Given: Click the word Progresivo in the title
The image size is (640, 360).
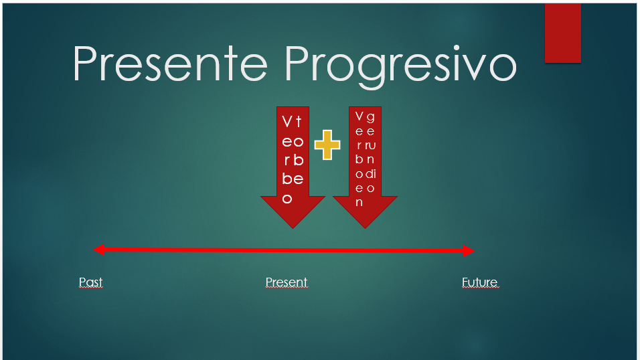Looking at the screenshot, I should pos(400,66).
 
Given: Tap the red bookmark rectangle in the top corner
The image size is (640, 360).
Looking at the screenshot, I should pos(562,33).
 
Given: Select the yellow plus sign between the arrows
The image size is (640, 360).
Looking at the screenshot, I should pos(327,145).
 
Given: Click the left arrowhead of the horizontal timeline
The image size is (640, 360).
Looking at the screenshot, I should pos(98,250).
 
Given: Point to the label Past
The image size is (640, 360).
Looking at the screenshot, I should pos(90,282).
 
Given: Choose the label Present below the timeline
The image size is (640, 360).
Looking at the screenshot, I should pos(286,282).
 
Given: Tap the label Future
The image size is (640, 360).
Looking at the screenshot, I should pos(479,282).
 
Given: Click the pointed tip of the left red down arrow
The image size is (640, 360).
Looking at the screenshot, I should pos(293,226).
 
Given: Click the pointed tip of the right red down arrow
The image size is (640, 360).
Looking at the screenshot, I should pos(365,226).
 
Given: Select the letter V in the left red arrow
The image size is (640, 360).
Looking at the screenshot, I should pos(287,122).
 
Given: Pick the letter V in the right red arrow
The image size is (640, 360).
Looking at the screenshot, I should pos(359,116).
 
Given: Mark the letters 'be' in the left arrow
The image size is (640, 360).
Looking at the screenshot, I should pos(293,179).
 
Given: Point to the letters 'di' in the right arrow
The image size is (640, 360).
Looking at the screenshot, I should pos(371,173).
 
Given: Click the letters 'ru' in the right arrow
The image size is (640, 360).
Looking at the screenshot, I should pos(371,145).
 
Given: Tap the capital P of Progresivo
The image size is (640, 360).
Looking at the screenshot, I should pos(299,64).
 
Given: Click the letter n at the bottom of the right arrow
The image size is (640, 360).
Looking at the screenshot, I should pos(359,202).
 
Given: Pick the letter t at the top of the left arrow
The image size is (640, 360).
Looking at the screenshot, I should pos(299,122).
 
